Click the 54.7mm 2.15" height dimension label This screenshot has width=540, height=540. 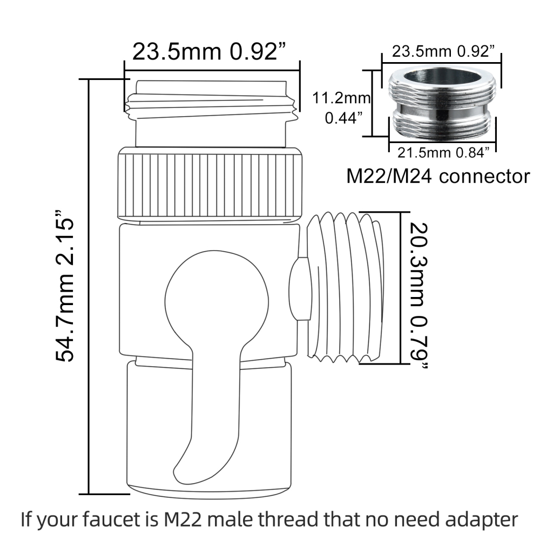pos(65,286)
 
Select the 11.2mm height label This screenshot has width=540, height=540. pos(341,98)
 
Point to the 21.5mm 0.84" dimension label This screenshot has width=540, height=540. pos(443,153)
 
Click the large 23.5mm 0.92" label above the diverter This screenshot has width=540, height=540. pos(209,52)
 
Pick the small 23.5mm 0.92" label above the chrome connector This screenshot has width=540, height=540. pos(443,52)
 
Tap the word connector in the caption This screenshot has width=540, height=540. pos(484,177)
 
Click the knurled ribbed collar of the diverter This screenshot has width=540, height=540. pos(211,184)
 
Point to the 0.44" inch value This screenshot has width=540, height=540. pos(343,118)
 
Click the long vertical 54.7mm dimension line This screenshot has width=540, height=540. pos(89,287)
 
